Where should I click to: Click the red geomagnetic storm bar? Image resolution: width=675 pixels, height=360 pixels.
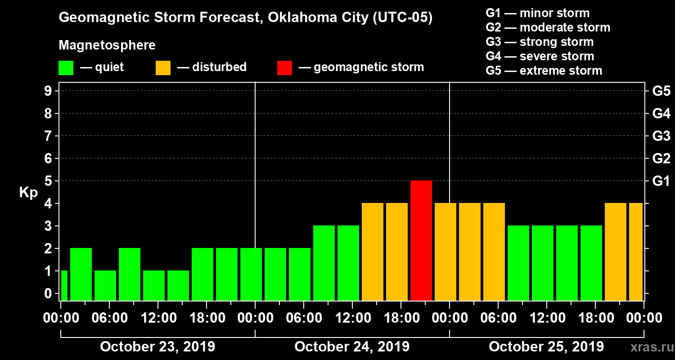(x=421, y=240)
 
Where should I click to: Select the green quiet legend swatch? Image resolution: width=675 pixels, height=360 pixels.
(x=66, y=67)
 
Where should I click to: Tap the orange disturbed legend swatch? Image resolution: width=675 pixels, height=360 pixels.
(x=163, y=67)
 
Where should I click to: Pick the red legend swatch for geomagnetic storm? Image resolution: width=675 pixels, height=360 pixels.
(x=284, y=67)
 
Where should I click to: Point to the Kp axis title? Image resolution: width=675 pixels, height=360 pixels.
(x=28, y=193)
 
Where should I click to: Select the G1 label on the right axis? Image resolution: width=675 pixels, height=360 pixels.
(x=661, y=181)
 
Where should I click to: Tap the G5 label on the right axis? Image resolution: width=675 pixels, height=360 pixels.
(x=661, y=91)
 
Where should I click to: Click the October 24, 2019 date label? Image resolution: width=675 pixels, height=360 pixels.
(x=352, y=347)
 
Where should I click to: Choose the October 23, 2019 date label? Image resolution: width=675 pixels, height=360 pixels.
(x=157, y=347)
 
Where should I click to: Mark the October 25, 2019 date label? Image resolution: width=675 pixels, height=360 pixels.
(x=546, y=347)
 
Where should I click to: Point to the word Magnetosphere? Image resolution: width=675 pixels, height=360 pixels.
(x=107, y=46)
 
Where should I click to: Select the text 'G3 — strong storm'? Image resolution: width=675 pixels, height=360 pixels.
(x=540, y=42)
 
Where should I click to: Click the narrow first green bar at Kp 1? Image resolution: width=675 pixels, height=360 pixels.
(x=64, y=285)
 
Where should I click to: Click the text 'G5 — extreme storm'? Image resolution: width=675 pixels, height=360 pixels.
(x=544, y=71)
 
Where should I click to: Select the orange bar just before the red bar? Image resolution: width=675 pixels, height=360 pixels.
(x=397, y=252)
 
